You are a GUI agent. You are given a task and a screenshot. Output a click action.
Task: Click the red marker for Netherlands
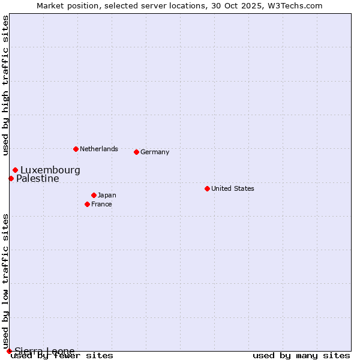[x=76, y=149]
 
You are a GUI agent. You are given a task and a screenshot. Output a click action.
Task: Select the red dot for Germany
[x=137, y=152]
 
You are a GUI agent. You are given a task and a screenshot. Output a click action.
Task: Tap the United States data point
[x=207, y=188]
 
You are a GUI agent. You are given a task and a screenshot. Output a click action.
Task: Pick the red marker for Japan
[x=94, y=195]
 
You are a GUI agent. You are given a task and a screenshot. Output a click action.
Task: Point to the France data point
[x=88, y=204]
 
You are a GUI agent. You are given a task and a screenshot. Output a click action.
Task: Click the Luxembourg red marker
[x=15, y=170]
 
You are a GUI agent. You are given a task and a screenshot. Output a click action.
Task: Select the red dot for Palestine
[x=11, y=178]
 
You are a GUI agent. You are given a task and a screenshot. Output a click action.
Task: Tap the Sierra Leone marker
[x=9, y=351]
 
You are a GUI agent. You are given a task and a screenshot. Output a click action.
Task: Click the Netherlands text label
[x=99, y=149]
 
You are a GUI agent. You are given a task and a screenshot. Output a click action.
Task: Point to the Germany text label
[x=155, y=152]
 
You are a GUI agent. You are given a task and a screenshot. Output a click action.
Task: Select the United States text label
[x=233, y=188]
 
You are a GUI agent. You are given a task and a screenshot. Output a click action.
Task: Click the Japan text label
[x=107, y=195]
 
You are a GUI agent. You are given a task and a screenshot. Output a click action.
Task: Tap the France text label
[x=102, y=204]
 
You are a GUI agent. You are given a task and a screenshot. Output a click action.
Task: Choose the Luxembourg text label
[x=50, y=170]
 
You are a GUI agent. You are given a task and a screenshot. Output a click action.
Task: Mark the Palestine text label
[x=38, y=178]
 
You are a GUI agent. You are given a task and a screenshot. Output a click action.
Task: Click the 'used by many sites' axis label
[x=301, y=355]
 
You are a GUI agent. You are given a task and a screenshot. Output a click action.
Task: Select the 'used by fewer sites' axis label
[x=62, y=355]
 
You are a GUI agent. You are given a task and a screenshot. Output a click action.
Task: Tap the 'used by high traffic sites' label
[x=6, y=85]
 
